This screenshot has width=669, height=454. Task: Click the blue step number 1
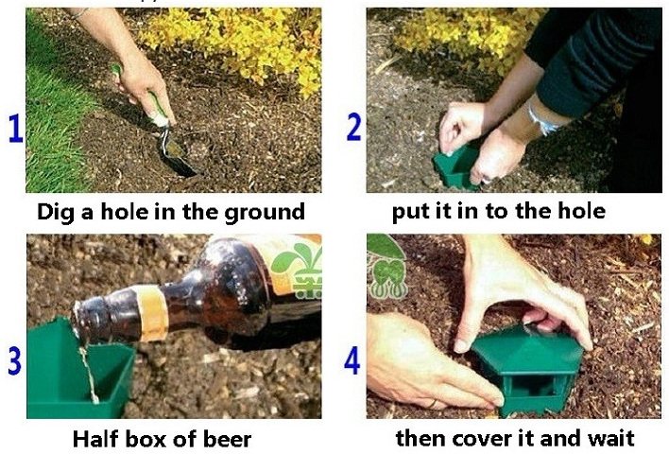tap(16, 129)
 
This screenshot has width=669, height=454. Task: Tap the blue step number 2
tap(353, 127)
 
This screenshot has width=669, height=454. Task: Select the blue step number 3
tap(14, 360)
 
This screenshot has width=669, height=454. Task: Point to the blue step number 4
tap(352, 360)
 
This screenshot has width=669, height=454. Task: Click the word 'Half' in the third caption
tap(95, 439)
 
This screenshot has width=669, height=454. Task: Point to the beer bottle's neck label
tap(150, 313)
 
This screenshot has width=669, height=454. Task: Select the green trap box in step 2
tap(455, 167)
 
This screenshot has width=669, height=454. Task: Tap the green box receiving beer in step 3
tap(79, 372)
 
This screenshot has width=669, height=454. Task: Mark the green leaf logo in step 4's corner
tap(387, 266)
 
